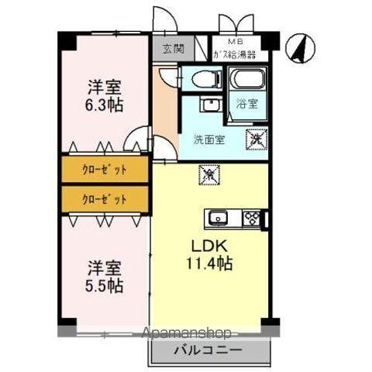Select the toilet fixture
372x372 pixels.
point(200,79)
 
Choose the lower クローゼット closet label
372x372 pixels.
point(104,199)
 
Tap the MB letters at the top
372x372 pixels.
point(233,43)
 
